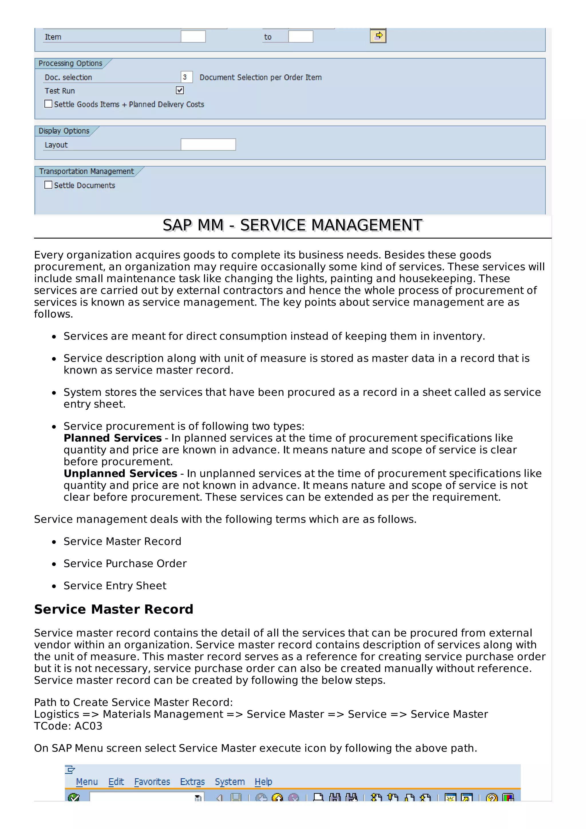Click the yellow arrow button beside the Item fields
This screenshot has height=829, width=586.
pyautogui.click(x=378, y=36)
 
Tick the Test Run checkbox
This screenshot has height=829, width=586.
pyautogui.click(x=179, y=90)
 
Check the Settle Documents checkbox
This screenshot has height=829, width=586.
pyautogui.click(x=48, y=185)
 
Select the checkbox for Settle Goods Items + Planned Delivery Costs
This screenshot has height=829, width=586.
pyautogui.click(x=48, y=104)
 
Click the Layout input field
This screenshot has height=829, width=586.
pyautogui.click(x=208, y=144)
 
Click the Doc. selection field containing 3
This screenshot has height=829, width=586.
pyautogui.click(x=186, y=77)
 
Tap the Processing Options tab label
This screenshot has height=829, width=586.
pyautogui.click(x=70, y=63)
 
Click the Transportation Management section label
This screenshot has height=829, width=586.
pyautogui.click(x=86, y=171)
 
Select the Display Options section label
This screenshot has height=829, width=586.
pyautogui.click(x=64, y=131)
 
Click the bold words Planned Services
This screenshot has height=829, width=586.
pyautogui.click(x=113, y=438)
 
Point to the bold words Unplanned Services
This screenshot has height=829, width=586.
pyautogui.click(x=120, y=473)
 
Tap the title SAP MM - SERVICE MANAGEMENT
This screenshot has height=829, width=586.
pyautogui.click(x=292, y=225)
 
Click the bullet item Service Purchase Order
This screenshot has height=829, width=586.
pyautogui.click(x=125, y=563)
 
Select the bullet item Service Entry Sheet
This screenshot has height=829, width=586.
pyautogui.click(x=115, y=585)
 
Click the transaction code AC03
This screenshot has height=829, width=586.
pyautogui.click(x=88, y=726)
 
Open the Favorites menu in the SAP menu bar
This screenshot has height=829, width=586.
pyautogui.click(x=152, y=782)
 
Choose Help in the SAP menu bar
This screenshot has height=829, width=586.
pyautogui.click(x=263, y=782)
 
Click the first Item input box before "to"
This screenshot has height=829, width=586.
pyautogui.click(x=193, y=36)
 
